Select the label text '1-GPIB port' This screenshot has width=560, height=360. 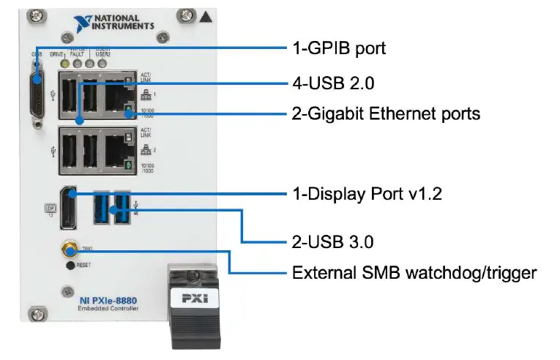tap(338, 49)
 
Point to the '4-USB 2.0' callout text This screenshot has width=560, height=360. tap(333, 83)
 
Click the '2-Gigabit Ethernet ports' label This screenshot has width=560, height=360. tap(386, 114)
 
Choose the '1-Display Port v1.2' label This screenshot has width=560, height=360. tap(367, 194)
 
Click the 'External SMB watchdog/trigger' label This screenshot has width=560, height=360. tap(414, 273)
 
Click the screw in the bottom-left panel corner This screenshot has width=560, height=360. tap(31, 315)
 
